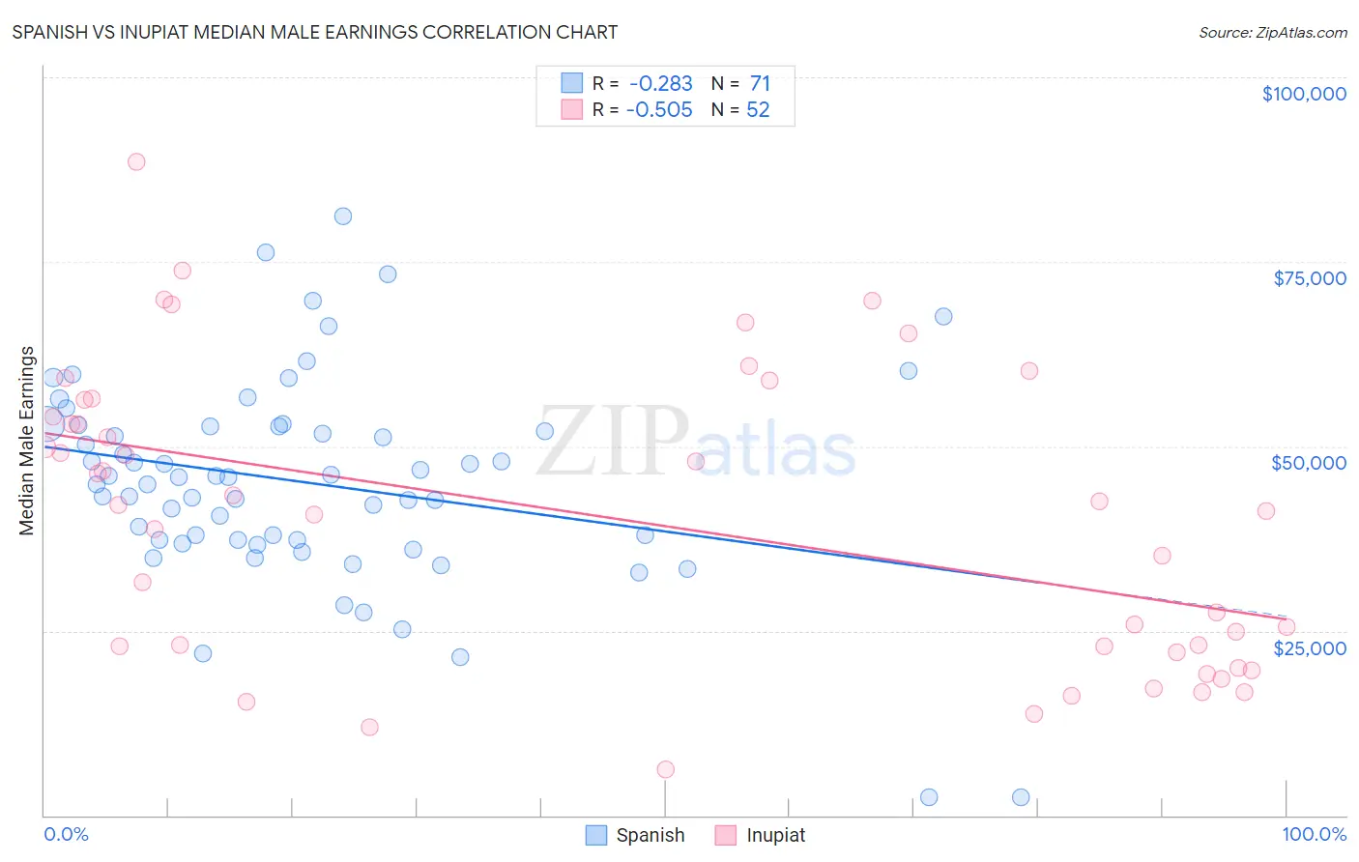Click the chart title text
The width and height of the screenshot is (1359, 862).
(314, 32)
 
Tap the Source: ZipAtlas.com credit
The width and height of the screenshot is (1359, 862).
(1272, 32)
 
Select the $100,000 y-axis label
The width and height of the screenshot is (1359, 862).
(1303, 94)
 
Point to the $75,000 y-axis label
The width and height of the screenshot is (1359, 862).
(1309, 278)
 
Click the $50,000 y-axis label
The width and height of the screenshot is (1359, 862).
(1308, 463)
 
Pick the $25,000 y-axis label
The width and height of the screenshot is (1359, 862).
(1309, 647)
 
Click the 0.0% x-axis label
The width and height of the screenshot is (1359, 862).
(66, 834)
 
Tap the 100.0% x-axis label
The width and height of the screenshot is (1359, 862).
(1314, 834)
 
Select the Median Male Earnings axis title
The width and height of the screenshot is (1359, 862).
(27, 441)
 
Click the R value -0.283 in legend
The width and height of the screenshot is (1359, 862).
(660, 84)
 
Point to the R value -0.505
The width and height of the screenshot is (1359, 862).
(659, 110)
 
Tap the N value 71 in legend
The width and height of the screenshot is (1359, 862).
(760, 84)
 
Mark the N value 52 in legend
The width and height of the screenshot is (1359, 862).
(758, 110)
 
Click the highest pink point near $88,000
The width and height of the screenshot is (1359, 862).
(136, 162)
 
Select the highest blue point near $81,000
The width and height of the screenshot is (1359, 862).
(343, 216)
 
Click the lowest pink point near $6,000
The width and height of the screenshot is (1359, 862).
(665, 769)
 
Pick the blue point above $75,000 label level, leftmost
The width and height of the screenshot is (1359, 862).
(266, 252)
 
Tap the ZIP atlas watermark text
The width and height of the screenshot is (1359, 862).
(696, 443)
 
